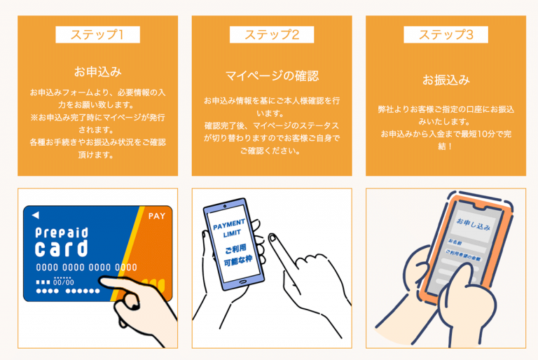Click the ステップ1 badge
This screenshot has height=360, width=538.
click(97, 34)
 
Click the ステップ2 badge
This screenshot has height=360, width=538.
click(272, 34)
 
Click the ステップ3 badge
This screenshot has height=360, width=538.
click(446, 34)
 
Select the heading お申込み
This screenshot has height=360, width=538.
click(97, 71)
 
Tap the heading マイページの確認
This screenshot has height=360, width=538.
click(272, 76)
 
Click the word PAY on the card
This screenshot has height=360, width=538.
click(157, 216)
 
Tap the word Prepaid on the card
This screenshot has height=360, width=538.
click(62, 232)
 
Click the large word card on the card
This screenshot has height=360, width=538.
click(62, 249)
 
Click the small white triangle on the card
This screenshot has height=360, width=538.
click(36, 215)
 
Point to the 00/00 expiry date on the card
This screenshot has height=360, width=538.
click(64, 282)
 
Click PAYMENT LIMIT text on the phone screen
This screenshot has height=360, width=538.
click(229, 230)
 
